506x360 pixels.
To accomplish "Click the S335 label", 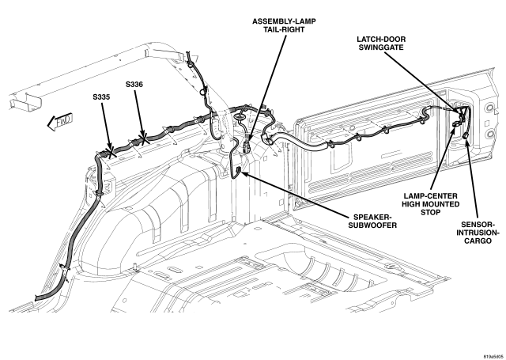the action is pos(101,97).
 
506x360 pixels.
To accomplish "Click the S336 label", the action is pos(134,85).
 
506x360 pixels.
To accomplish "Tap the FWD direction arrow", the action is pos(60,122).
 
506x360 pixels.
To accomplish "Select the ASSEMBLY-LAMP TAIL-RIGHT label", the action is pos(284,25).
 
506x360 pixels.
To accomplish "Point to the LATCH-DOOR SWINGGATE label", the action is pos(381,43).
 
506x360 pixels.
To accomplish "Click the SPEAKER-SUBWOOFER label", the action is pos(372,221).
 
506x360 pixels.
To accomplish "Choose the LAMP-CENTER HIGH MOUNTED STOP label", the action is pos(430,204).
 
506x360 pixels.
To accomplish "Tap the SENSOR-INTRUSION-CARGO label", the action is pos(478,233).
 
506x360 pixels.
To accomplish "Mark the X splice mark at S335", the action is pos(111,152).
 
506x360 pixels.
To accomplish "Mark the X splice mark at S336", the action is pos(143,138).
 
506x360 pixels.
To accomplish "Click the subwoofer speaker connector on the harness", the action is pos(239,170).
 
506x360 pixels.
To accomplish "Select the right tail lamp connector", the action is pos(247,148).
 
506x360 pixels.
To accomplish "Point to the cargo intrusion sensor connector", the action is pos(466,136).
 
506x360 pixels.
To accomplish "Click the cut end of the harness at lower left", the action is pos(36,297).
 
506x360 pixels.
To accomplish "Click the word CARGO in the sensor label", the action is pos(478,241).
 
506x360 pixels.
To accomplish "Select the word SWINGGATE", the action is pos(381,47).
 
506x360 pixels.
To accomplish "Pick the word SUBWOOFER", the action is pos(372,225).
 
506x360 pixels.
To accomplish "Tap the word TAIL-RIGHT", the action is pos(284,29).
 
